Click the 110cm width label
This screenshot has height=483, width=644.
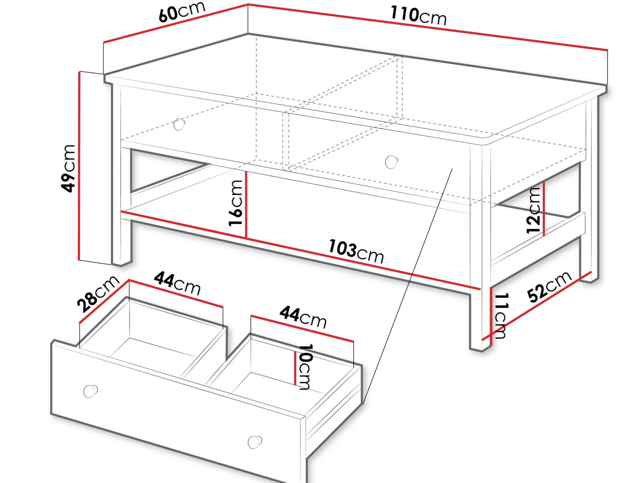[x=418, y=16]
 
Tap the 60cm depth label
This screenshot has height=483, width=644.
[x=182, y=12]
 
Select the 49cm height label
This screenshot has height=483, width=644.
[x=68, y=168]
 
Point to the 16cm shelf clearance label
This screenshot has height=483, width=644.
[x=236, y=203]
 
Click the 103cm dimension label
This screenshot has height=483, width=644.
[x=356, y=251]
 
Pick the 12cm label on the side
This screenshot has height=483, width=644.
[x=533, y=210]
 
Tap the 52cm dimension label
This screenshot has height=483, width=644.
[x=549, y=287]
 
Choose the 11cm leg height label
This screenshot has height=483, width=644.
[x=501, y=315]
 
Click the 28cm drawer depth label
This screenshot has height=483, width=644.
[x=98, y=294]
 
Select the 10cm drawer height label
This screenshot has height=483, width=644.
[x=305, y=366]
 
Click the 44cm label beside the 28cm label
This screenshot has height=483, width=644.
[x=177, y=283]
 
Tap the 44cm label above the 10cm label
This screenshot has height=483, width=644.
[x=303, y=317]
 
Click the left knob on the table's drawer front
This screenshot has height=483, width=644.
[x=179, y=124]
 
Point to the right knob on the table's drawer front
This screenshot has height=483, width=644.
[x=391, y=162]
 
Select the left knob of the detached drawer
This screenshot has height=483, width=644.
[x=90, y=391]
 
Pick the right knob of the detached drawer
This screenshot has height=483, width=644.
[x=255, y=442]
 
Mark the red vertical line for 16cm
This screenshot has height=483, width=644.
[x=246, y=204]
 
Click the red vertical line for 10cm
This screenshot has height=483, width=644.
[x=295, y=368]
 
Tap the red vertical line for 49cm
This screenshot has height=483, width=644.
[x=79, y=166]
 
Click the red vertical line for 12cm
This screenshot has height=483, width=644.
[x=544, y=209]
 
